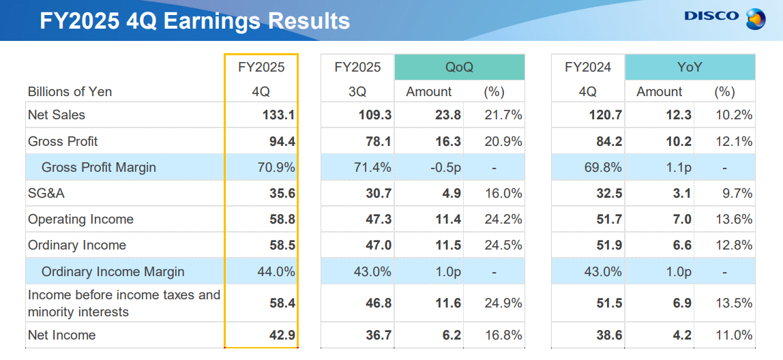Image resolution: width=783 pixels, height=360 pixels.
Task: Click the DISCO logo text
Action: coord(711,16)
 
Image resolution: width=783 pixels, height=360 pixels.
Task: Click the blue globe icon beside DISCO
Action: coord(755,18)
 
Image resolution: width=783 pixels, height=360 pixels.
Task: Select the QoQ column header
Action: coord(459,67)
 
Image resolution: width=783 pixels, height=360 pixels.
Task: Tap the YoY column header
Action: coord(690,67)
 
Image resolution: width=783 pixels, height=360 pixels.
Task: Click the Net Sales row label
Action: coord(57,115)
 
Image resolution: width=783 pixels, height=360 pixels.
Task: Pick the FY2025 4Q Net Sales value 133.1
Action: coord(278,115)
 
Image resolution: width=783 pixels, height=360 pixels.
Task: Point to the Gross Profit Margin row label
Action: coord(98,167)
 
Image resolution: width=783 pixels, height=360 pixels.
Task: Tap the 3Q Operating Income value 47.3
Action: coord(375,220)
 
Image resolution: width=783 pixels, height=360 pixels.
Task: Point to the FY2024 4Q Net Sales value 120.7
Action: coord(606,115)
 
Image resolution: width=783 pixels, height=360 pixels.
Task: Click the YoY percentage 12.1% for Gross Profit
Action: coord(736,141)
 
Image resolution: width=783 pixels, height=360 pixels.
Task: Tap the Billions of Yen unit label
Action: coord(70,91)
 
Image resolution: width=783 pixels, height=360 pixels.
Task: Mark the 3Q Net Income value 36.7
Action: coord(375,335)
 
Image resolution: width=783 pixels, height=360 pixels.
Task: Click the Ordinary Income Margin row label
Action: coord(113,271)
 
